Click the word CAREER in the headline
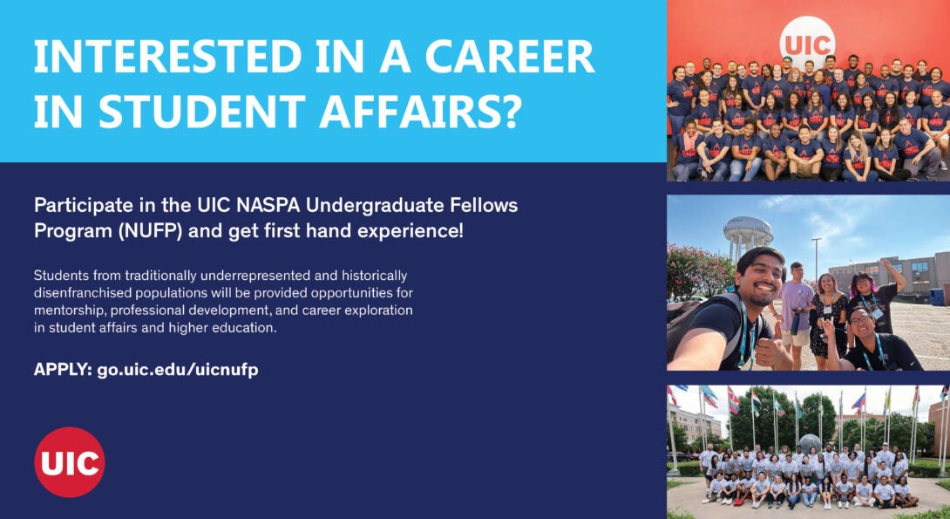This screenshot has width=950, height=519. point(510,57)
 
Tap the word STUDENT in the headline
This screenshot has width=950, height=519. point(201,111)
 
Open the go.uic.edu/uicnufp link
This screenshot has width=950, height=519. point(178,370)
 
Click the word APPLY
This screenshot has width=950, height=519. point(63,369)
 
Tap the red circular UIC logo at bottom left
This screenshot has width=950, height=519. point(70,462)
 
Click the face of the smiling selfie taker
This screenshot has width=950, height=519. point(758,279)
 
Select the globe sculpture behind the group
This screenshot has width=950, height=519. point(810,443)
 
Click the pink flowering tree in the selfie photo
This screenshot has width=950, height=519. point(696,270)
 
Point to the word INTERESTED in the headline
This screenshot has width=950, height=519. point(167,57)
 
